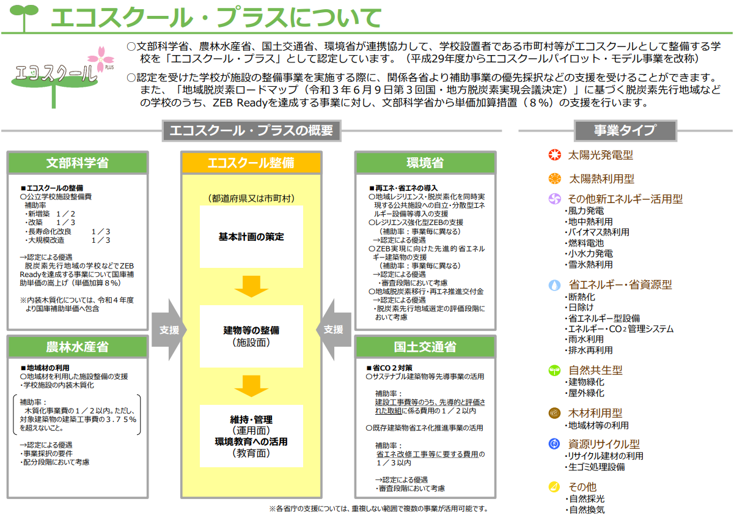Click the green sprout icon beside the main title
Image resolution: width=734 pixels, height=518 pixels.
(x=24, y=17)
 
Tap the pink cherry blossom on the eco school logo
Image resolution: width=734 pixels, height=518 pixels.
(x=101, y=58)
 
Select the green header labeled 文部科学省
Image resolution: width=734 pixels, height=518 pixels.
(x=78, y=163)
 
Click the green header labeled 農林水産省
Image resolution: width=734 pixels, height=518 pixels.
(x=78, y=347)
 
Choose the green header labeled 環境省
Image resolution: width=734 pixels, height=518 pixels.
(x=425, y=163)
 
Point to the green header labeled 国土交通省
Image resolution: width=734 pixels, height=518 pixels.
(x=425, y=347)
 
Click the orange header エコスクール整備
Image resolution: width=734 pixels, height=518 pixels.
(x=251, y=163)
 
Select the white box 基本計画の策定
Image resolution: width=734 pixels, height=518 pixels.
(x=251, y=237)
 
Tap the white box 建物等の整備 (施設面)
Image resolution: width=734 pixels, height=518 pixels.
(x=251, y=336)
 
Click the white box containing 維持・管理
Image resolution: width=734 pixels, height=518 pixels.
(x=251, y=436)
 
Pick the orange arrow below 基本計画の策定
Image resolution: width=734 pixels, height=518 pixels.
(x=251, y=286)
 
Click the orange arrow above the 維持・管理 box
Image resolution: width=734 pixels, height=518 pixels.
(x=251, y=386)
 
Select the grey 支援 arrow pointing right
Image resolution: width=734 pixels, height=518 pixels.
(x=169, y=330)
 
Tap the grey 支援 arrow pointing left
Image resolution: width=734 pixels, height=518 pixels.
(x=334, y=330)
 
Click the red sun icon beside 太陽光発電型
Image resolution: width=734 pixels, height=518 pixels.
(x=555, y=155)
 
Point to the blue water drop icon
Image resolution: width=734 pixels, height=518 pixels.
(x=554, y=285)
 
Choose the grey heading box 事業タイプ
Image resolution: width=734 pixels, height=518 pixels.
(x=625, y=130)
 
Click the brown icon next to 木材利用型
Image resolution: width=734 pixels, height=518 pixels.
(x=554, y=413)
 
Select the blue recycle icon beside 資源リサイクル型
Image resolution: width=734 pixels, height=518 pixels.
(x=554, y=444)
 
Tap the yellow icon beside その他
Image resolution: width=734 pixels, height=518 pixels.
(x=554, y=487)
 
